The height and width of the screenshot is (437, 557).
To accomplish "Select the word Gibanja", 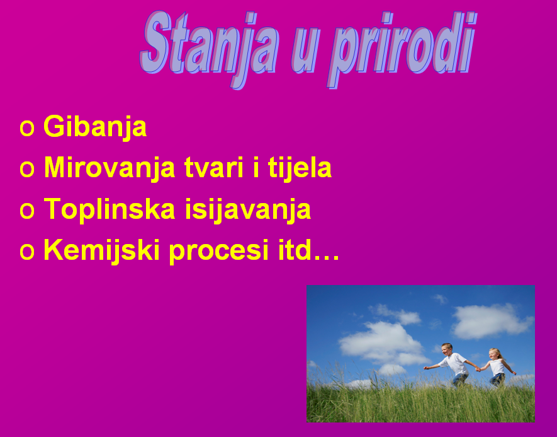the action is (95, 127).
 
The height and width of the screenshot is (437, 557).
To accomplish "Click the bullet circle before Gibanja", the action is (27, 128).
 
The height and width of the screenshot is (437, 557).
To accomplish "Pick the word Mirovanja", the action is (110, 168).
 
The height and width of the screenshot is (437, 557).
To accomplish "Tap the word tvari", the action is (214, 167).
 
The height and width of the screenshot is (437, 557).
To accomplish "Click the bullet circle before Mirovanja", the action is (27, 169).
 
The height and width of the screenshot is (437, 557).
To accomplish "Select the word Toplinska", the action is (110, 210).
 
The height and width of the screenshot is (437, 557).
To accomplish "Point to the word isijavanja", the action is (248, 210).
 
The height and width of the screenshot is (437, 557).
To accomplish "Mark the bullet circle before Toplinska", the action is (27, 211).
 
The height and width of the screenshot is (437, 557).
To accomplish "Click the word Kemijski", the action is (101, 251).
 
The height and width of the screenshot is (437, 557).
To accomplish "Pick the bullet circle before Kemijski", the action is (27, 252).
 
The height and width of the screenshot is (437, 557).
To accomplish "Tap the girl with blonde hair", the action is (497, 367).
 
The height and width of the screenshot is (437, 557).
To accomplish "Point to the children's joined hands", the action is (478, 370).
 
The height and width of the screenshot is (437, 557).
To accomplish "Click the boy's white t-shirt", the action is (454, 364).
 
